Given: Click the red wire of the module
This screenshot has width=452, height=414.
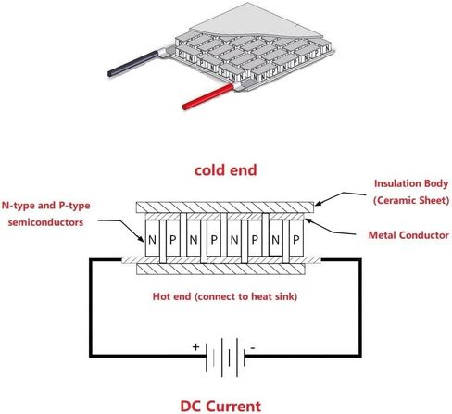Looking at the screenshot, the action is point(208,96).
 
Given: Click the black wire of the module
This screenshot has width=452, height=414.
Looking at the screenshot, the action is point(133,64).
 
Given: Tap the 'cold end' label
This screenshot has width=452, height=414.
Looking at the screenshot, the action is point(226,170).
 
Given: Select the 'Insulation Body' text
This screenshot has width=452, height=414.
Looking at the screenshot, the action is point(411,183).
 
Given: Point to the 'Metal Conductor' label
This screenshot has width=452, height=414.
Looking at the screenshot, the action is point(408,235).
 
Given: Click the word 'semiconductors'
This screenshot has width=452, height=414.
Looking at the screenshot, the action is point(45,222).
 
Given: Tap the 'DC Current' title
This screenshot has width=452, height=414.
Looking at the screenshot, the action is point(220,406).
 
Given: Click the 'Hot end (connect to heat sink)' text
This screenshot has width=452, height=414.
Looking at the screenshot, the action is point(225,296).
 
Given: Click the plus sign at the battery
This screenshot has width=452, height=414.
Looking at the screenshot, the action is point(195,347).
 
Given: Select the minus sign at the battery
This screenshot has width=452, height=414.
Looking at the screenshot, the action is point(253,348).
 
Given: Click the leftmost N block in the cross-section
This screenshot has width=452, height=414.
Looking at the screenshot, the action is point(152,238).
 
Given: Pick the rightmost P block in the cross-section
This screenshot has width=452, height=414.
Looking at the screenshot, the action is point(296,238).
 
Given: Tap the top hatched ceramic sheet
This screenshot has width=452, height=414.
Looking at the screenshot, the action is point(225,207).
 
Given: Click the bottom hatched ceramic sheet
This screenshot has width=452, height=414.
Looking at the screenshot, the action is point(220,270).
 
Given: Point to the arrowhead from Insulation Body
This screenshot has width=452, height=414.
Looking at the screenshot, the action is point(318,204).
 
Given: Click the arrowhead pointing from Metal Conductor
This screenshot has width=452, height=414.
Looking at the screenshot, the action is point(308,221).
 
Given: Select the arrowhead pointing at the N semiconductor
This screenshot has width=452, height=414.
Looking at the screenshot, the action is point(141,238).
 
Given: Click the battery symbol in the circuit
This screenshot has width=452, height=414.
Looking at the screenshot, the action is point(225,358).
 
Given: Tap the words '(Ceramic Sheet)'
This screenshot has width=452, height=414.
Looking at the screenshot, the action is point(411,200).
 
